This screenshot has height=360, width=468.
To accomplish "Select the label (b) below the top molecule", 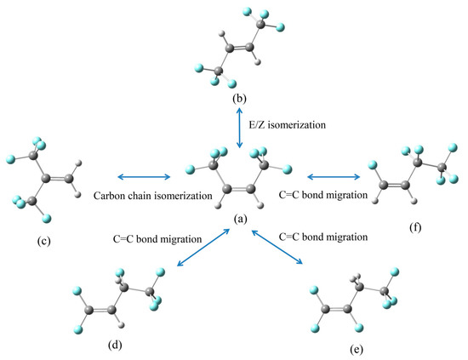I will [x=240, y=99].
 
